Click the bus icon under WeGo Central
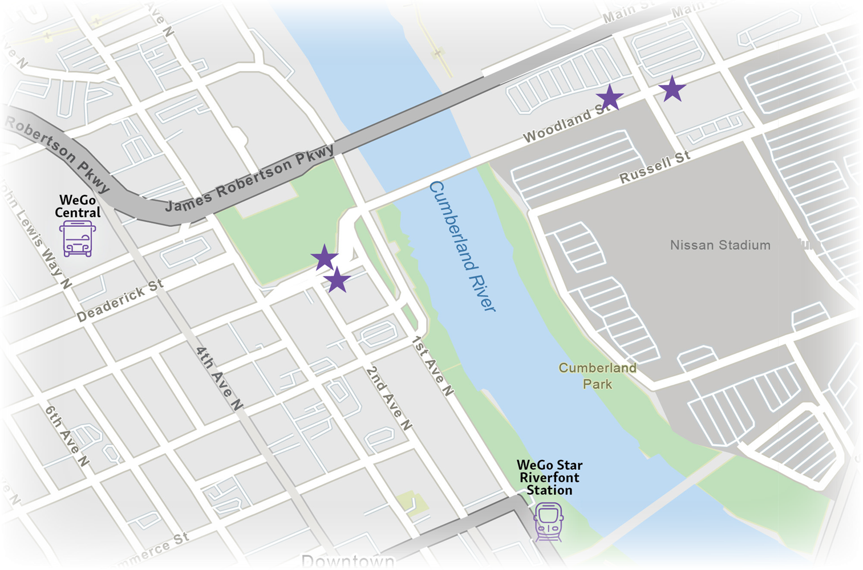[x=78, y=239]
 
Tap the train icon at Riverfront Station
[x=549, y=522]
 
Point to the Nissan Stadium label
[x=720, y=245]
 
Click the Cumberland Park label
[x=597, y=376]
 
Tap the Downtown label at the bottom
[x=347, y=561]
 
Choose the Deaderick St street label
[x=120, y=300]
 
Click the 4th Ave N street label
[x=219, y=378]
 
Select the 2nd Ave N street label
[x=389, y=398]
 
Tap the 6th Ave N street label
[x=67, y=436]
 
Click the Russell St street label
[x=655, y=167]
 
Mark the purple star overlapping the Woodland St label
[x=609, y=97]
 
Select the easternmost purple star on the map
[x=672, y=89]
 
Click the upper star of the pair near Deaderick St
[x=325, y=258]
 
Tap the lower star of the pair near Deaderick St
[x=337, y=280]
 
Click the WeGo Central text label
[x=78, y=206]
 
